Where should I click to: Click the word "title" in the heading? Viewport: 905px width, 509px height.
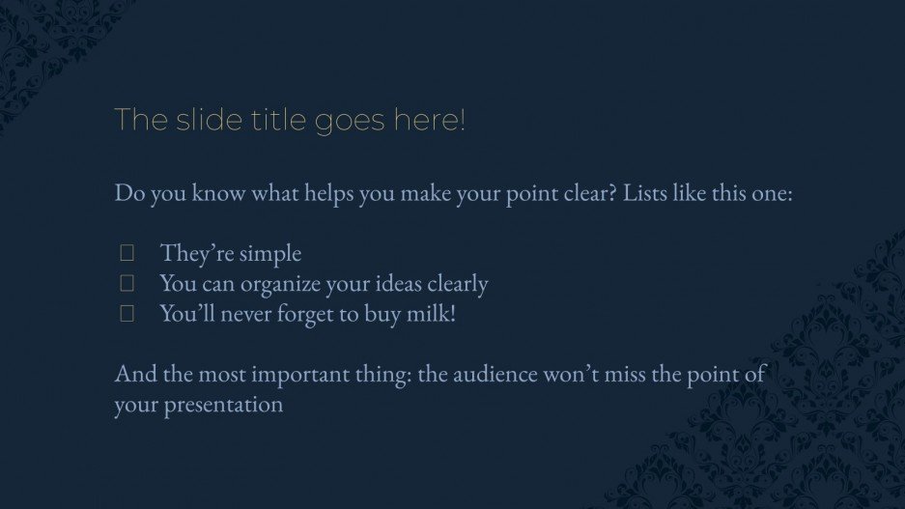(x=245, y=121)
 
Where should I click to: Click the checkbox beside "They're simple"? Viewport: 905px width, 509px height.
(x=126, y=253)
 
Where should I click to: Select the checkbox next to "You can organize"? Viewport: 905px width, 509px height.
(x=126, y=284)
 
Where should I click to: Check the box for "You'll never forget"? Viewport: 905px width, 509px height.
(x=126, y=314)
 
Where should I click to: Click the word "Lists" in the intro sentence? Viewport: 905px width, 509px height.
(x=648, y=193)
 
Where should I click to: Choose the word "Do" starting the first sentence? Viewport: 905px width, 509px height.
(x=127, y=193)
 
